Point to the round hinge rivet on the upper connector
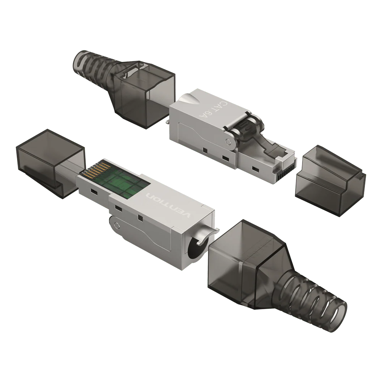(x=228, y=142)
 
